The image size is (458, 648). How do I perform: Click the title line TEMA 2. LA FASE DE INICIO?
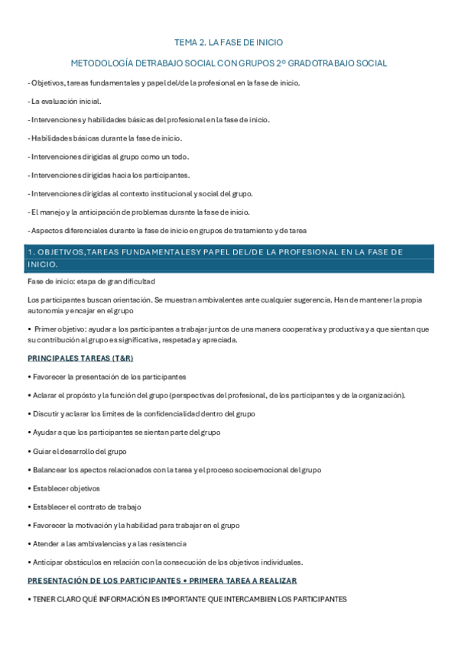[x=229, y=43]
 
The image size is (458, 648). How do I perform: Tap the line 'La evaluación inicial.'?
[x=65, y=101]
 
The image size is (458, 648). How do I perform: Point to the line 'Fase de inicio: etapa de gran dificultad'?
[x=91, y=281]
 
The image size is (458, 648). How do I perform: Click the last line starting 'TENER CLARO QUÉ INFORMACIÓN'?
[x=187, y=600]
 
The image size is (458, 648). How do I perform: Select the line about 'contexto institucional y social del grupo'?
[x=141, y=194]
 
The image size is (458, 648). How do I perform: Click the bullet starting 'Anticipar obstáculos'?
[x=165, y=562]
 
